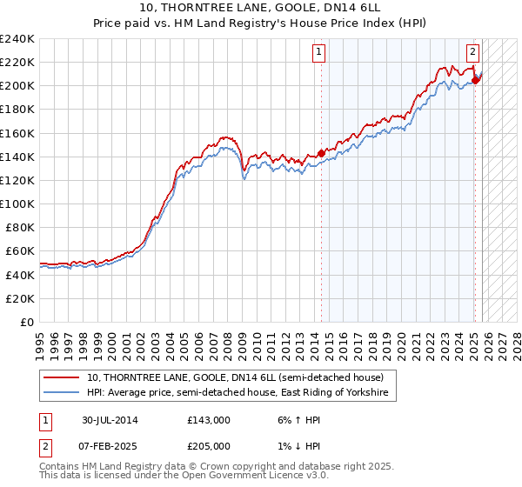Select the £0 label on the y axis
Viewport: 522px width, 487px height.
tap(25, 322)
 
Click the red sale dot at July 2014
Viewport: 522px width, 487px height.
tap(321, 153)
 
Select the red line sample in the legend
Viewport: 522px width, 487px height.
tap(62, 377)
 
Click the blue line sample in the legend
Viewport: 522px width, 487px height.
tap(62, 393)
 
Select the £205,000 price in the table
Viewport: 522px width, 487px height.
tap(209, 446)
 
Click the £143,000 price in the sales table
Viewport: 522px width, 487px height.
tap(209, 420)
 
